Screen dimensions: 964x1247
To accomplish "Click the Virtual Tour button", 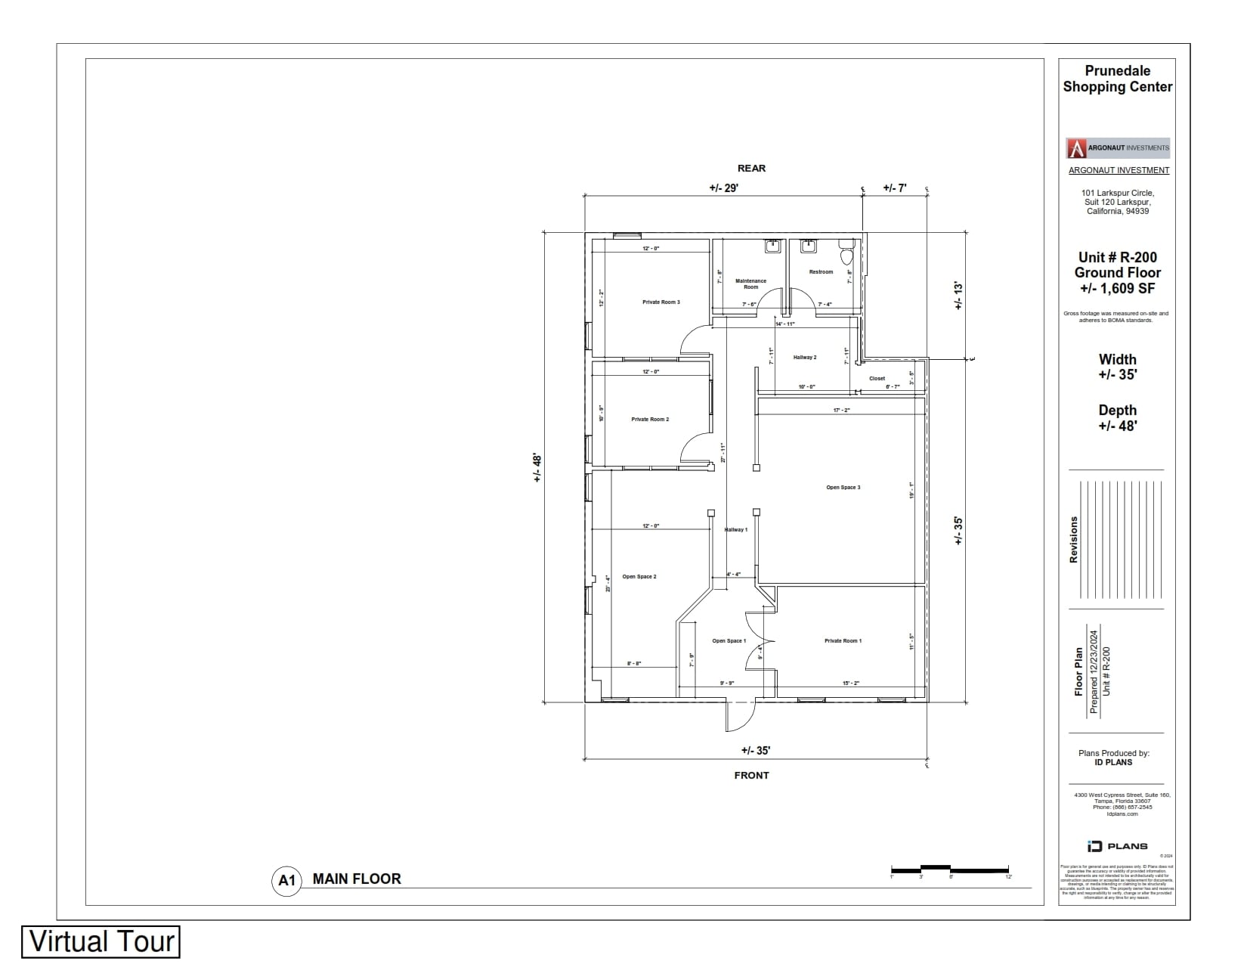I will [101, 941].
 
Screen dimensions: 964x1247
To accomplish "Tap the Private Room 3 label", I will [661, 302].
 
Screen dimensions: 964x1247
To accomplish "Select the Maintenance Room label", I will [750, 284].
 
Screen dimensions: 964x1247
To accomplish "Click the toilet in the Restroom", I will [846, 253].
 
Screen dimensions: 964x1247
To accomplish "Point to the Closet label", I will [877, 378].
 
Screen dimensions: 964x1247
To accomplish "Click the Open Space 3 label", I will [843, 488].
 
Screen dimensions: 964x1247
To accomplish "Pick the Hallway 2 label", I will [805, 357].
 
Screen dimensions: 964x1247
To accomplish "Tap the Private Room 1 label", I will [843, 641].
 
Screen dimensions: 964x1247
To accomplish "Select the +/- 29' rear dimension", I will [723, 188].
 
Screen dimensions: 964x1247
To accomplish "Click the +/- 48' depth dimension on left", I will [537, 467].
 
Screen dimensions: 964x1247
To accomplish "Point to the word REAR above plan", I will [751, 169].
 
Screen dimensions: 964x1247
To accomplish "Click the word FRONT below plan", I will [751, 775].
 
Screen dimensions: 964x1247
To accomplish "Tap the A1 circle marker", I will [286, 880].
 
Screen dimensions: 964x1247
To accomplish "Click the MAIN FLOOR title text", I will [357, 879].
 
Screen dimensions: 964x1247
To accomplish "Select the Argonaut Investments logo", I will [1118, 147].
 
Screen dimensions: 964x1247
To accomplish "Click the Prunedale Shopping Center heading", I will [1118, 79].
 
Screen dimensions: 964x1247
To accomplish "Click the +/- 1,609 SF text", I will [1118, 288].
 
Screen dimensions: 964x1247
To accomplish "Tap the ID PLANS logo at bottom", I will [1117, 846].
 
